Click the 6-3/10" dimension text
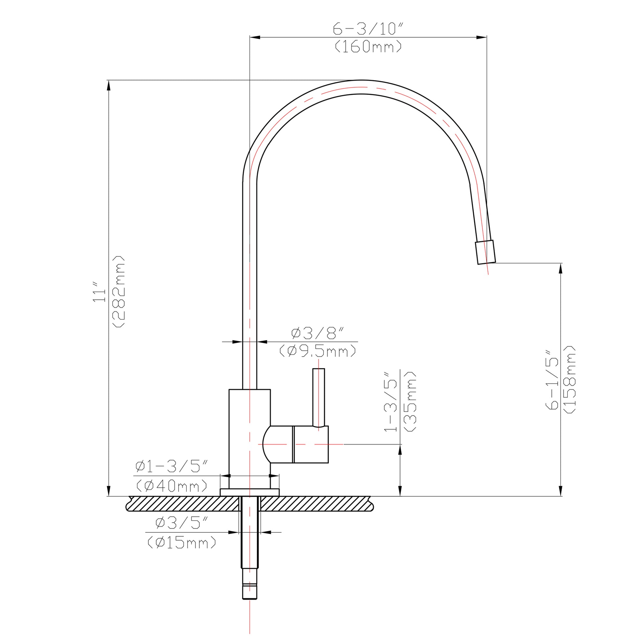[x=368, y=29]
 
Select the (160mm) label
[x=368, y=47]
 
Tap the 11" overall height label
[x=99, y=292]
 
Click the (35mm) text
[x=410, y=401]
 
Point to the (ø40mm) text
[x=172, y=486]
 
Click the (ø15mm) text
[x=182, y=542]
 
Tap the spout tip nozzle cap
[x=485, y=253]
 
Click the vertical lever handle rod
[x=319, y=397]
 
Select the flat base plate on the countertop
[x=249, y=492]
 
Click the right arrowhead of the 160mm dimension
[x=482, y=37]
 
